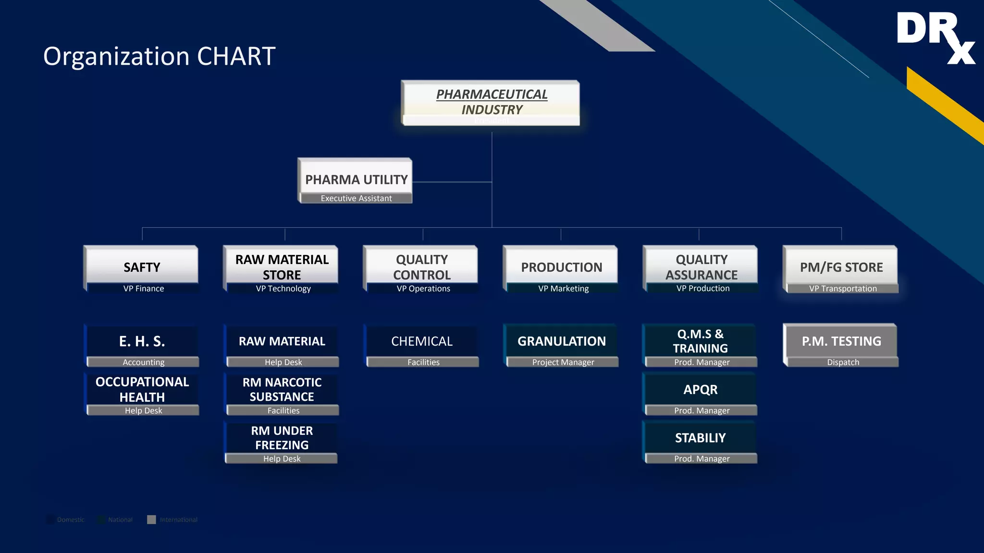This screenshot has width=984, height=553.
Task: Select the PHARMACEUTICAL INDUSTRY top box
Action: [491, 102]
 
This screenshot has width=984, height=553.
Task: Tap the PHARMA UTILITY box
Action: [356, 179]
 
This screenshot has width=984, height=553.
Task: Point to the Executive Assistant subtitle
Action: [356, 198]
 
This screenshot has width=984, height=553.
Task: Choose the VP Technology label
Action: [283, 289]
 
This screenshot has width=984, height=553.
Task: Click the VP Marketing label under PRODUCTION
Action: [563, 289]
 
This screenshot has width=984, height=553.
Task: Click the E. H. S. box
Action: [142, 341]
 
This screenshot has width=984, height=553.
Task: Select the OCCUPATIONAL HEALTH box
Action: [142, 389]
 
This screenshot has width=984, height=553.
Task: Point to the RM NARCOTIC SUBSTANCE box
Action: [282, 389]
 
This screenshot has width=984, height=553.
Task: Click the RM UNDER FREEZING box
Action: [282, 437]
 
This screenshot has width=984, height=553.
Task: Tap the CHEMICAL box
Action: [421, 341]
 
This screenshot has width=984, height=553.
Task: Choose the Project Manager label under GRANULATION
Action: [563, 362]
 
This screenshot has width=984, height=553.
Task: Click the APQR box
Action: [701, 389]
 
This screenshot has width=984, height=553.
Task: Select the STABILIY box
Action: [701, 437]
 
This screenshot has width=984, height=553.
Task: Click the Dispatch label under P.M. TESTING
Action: [843, 362]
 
